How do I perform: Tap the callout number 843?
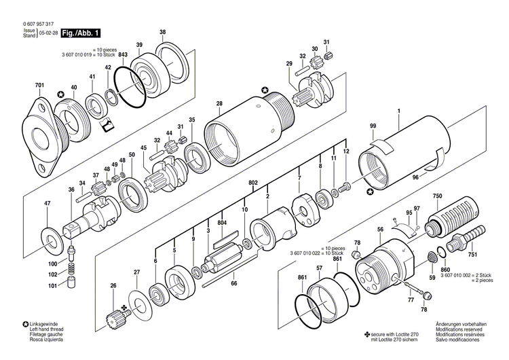(x=124, y=54)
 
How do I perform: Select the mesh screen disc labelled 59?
(x=430, y=258)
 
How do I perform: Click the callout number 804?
(x=222, y=223)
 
